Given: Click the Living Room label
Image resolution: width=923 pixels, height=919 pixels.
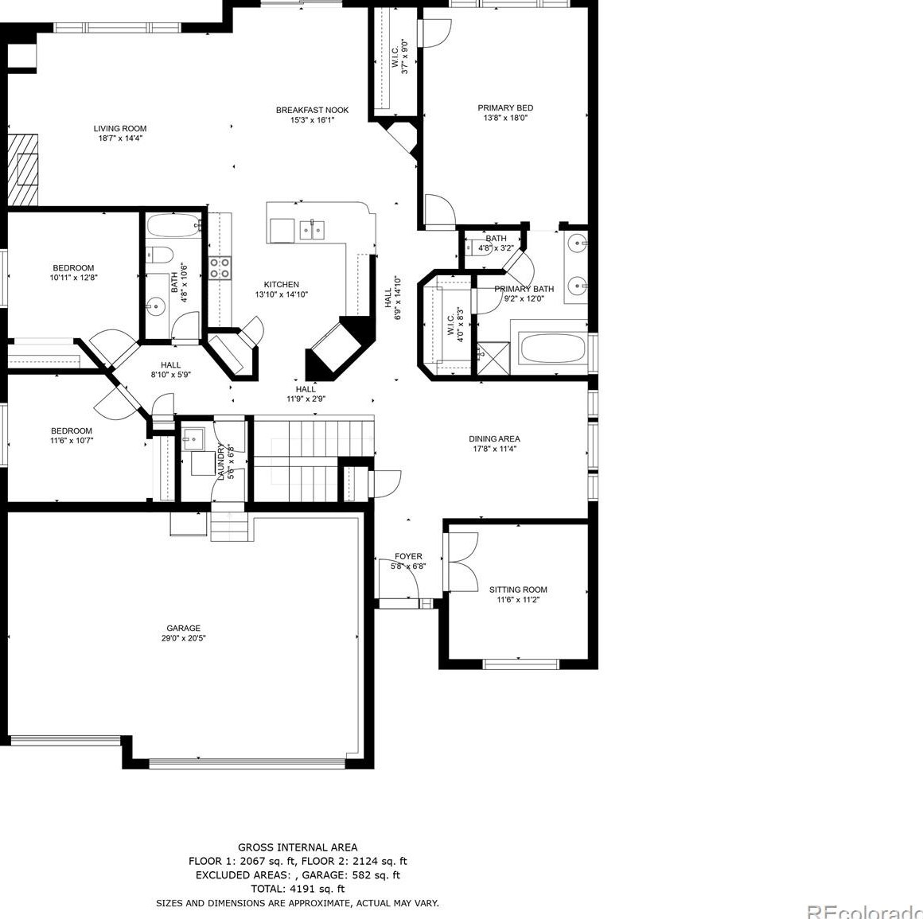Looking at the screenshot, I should pos(120,128).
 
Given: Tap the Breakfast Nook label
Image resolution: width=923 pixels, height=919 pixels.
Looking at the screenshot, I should pos(312,110).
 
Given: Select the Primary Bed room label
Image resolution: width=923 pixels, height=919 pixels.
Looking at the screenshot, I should pos(505,107).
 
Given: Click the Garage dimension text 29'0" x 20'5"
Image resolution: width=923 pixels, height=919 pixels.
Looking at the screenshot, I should pos(184,638).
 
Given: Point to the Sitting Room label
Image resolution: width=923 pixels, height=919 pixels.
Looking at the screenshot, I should pos(518,590).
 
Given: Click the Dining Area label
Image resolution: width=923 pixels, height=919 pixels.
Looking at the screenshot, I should pos(494,438).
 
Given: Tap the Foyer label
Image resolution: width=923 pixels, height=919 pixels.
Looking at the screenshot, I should pos(408,556).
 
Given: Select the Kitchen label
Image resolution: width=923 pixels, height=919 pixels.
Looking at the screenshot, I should pos(282,284).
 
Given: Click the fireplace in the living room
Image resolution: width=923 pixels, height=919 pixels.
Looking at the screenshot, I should pos(24,169).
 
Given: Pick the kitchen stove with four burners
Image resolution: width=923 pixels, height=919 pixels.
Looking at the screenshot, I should pos(220,267).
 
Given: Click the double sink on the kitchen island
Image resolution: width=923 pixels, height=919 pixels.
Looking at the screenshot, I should pos(312,230).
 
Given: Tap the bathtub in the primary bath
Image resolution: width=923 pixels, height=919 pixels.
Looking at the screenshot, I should pos(552,348).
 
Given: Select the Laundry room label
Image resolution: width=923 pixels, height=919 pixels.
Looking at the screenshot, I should pos(221,461).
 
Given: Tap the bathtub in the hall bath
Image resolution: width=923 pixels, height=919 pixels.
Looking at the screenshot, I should pos(174,226).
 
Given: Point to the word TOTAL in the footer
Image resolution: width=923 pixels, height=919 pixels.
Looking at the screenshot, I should pos(268,889).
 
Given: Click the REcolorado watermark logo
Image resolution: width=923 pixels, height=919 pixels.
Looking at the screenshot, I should pos(864,911).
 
